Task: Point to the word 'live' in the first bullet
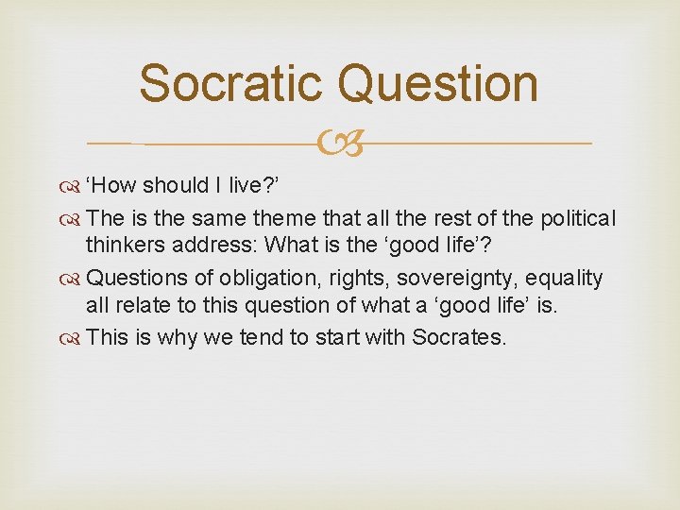246,189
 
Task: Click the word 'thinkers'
123,248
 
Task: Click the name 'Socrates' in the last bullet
459,336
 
